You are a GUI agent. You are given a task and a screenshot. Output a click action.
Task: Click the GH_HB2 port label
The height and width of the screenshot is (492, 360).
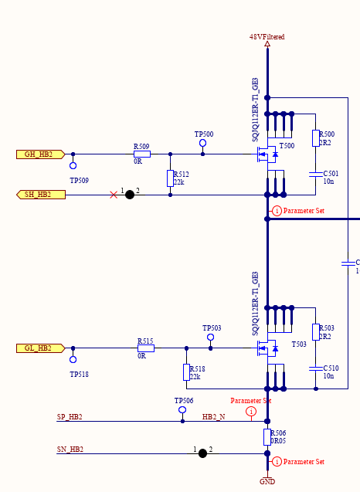40,154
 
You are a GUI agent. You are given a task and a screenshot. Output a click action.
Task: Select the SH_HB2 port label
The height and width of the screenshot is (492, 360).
41,195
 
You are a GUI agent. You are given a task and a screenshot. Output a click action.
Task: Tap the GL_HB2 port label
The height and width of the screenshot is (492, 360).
40,348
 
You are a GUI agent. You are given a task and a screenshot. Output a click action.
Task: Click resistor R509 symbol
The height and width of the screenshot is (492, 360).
142,154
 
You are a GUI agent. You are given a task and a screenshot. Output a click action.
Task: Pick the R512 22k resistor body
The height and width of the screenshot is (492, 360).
170,178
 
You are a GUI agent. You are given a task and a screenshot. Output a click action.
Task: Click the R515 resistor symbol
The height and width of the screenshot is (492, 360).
146,348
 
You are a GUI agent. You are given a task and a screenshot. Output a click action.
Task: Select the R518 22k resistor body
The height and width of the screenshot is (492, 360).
186,372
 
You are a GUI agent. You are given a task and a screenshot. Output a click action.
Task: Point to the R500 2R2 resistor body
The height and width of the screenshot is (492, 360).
316,138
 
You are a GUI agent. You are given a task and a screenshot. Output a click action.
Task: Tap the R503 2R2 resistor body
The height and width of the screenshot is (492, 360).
316,332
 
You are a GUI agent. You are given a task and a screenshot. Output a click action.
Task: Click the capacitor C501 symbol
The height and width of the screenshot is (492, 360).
316,175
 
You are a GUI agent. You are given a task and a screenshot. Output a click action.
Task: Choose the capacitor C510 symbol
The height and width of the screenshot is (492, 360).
316,368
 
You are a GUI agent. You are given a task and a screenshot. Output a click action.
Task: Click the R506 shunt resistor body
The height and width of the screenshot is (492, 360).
267,437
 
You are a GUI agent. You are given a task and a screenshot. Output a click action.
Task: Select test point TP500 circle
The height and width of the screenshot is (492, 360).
202,144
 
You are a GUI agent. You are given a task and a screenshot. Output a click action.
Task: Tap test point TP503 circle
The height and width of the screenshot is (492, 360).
211,338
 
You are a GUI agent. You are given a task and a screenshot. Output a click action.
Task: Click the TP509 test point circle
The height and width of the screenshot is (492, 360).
73,165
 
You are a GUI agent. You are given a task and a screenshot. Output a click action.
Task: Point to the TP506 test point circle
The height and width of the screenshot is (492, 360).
182,410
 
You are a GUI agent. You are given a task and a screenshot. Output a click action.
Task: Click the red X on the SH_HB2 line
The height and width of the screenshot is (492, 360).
114,195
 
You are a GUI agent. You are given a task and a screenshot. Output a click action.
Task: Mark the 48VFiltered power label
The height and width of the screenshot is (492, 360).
267,37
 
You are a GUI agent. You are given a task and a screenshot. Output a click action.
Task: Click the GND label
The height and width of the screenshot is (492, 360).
267,482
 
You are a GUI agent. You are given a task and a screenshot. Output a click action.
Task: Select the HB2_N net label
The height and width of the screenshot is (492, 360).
214,417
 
